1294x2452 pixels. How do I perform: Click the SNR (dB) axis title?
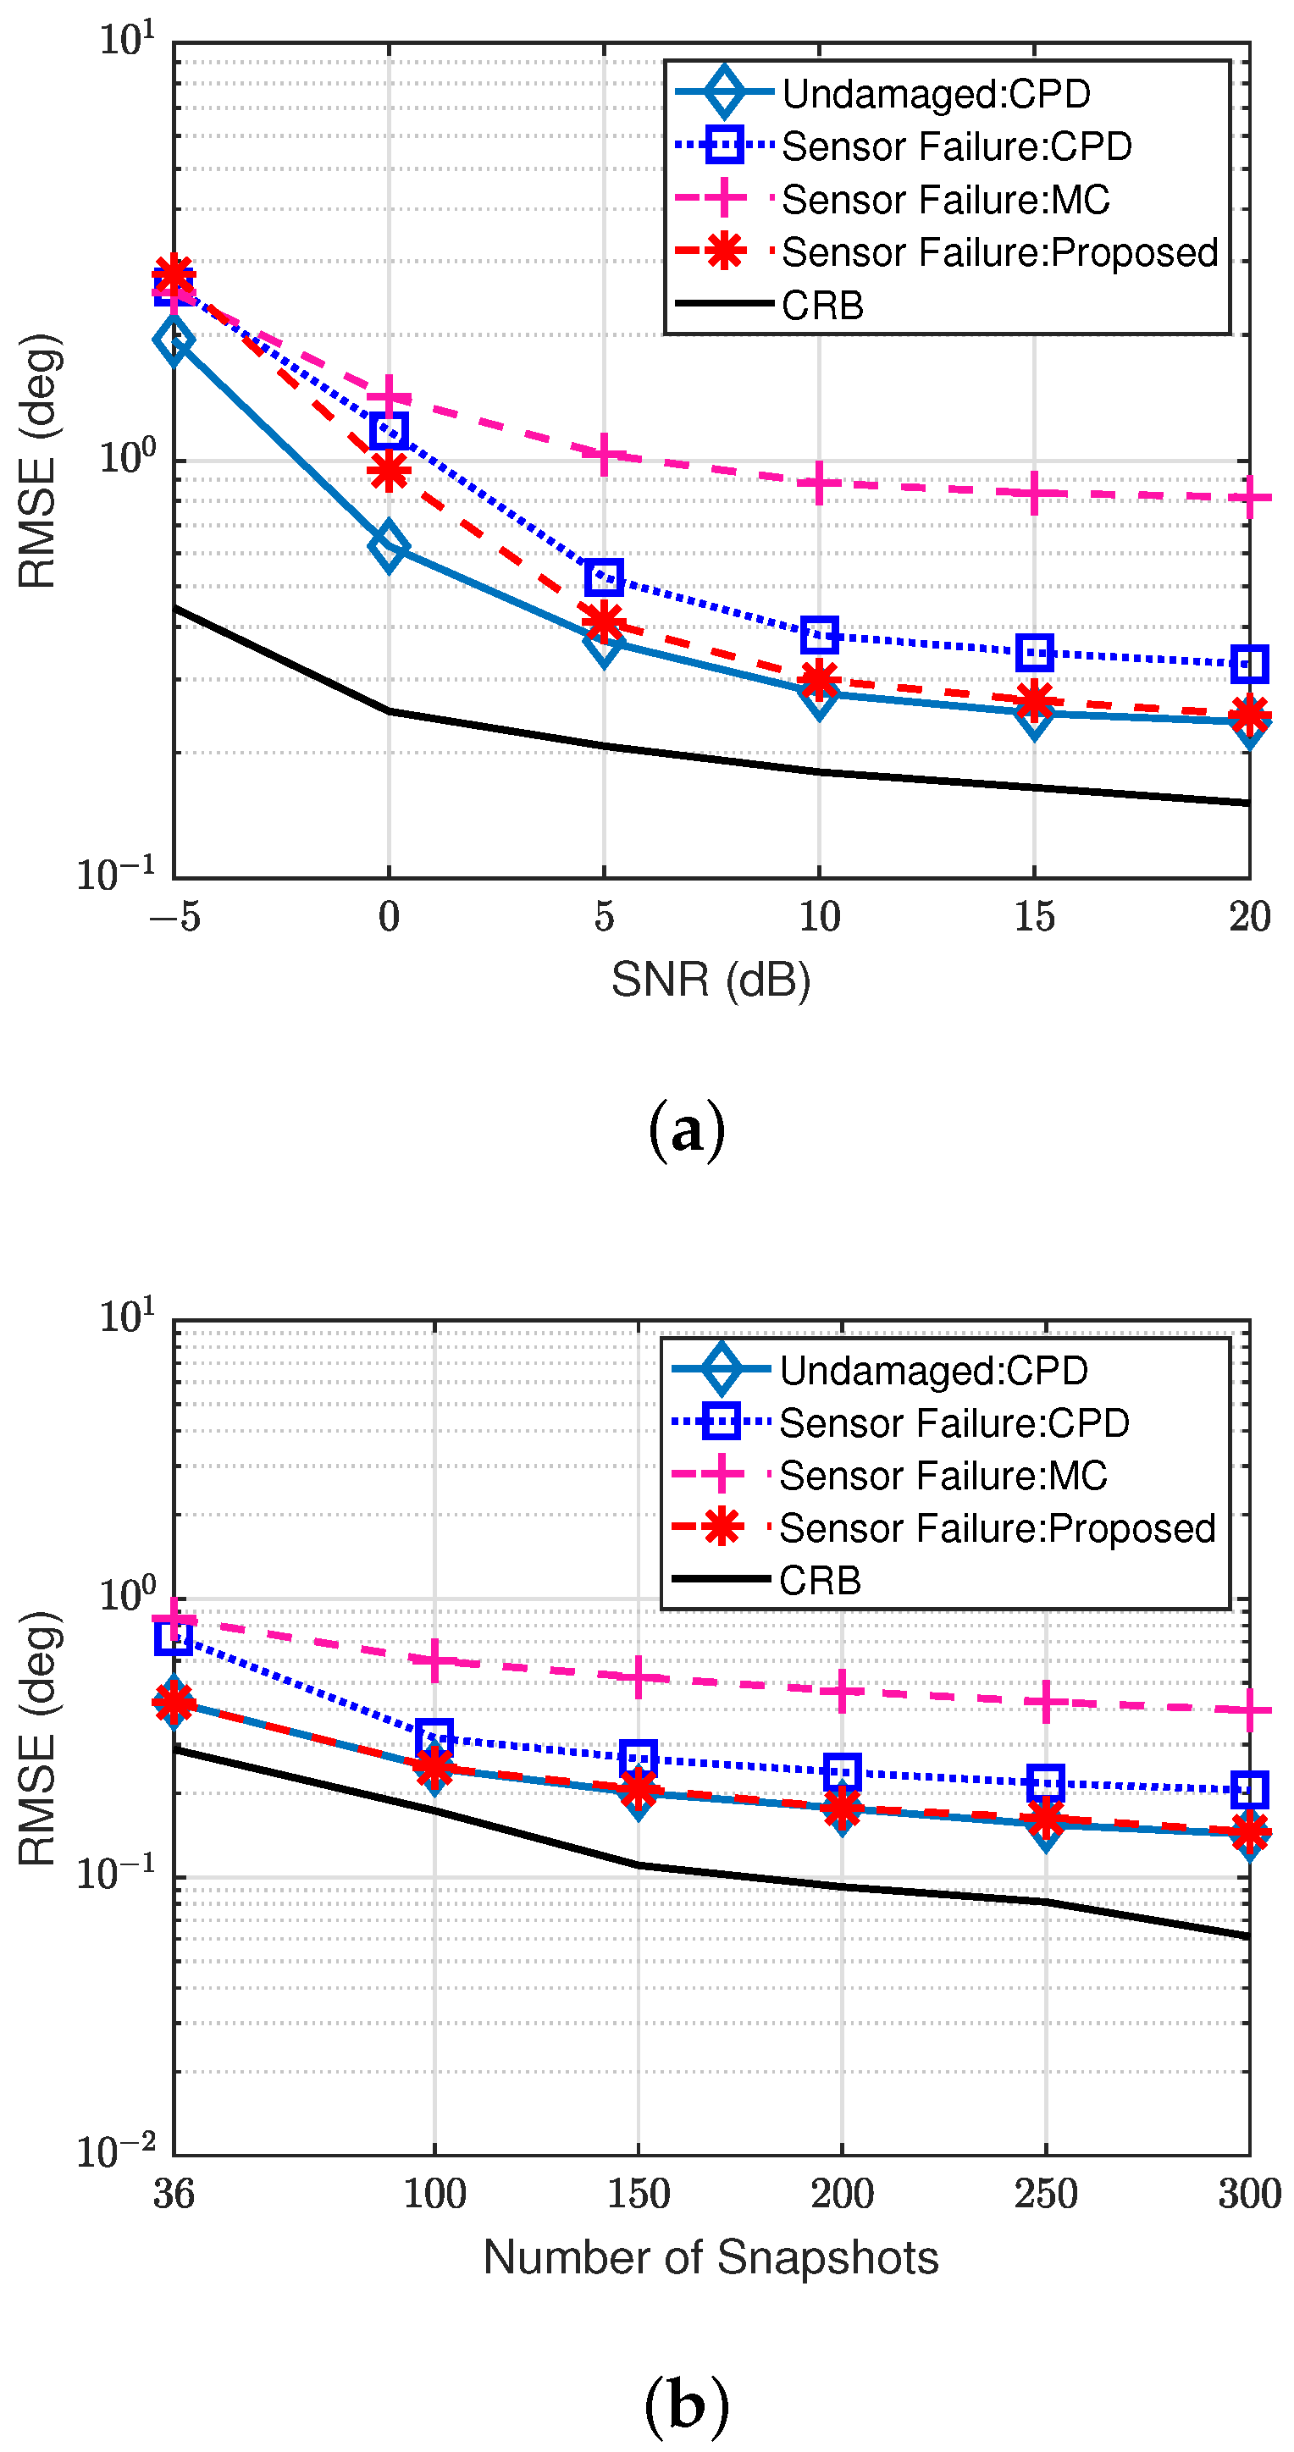[711, 980]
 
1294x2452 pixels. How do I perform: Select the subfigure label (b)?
[686, 2404]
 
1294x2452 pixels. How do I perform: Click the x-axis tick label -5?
[175, 917]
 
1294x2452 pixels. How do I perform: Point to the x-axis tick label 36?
[174, 2193]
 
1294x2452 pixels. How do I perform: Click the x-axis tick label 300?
[1248, 2193]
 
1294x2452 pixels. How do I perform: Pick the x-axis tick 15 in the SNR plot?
[1034, 917]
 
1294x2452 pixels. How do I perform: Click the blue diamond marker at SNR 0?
[389, 546]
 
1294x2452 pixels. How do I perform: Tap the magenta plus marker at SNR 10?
[819, 483]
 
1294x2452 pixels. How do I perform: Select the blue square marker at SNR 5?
[604, 577]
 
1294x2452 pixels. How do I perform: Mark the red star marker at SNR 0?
[389, 470]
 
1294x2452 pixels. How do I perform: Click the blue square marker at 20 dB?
[1248, 664]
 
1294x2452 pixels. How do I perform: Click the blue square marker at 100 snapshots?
[434, 1737]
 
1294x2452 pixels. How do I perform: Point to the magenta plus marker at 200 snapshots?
[842, 1691]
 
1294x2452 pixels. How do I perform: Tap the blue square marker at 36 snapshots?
[174, 1637]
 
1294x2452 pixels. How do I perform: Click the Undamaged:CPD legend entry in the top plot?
[935, 94]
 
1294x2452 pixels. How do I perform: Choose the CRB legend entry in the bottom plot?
[819, 1581]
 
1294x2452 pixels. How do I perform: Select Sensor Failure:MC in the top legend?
[944, 200]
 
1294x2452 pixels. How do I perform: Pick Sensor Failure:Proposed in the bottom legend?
[996, 1529]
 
